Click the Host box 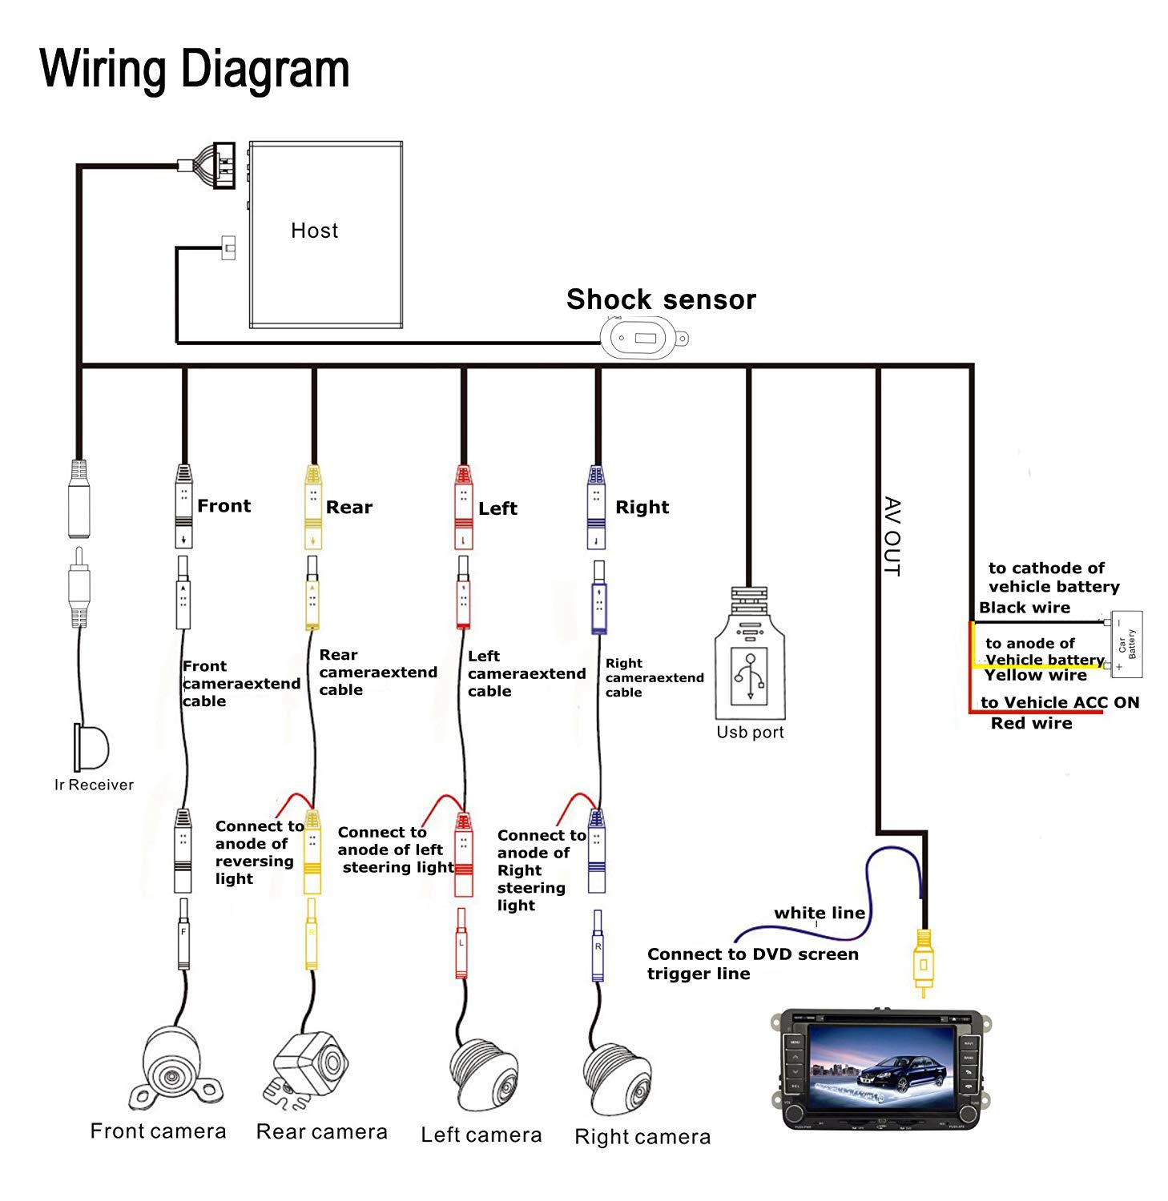325,235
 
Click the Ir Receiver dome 91,747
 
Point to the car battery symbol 1125,644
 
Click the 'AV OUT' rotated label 892,536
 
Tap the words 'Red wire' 1031,724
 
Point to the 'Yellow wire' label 1035,675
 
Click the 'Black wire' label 1024,608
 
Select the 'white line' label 819,913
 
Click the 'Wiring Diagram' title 195,69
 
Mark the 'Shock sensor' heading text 661,299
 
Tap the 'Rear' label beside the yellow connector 349,508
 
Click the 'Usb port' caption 750,733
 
